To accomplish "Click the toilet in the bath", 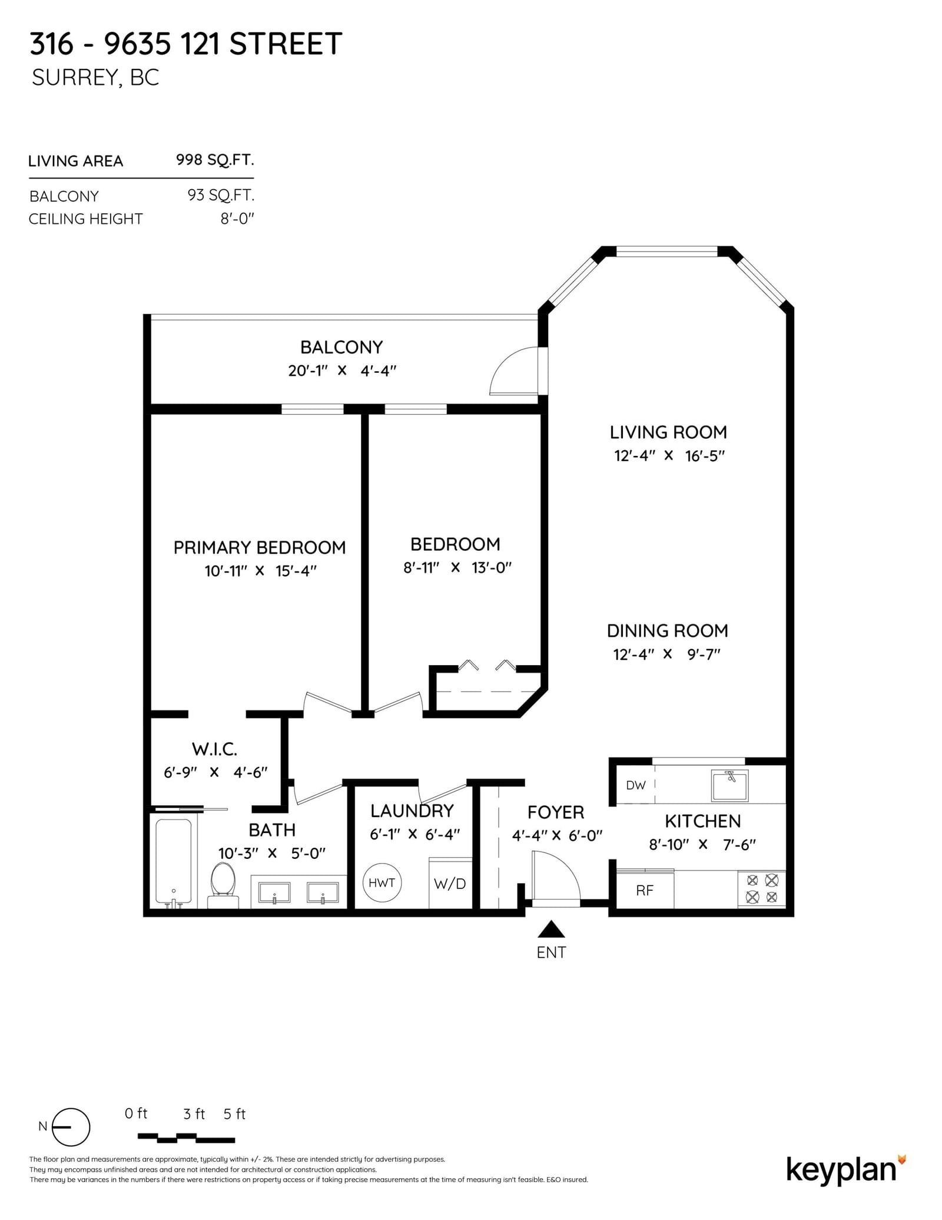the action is point(223,885).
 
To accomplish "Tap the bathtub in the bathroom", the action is point(173,861).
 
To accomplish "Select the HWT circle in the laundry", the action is point(382,882).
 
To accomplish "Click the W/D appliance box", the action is point(450,883).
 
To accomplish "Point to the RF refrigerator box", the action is point(645,890).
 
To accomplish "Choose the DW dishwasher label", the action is point(636,785).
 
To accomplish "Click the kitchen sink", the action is point(730,785).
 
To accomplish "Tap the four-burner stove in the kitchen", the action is point(762,889).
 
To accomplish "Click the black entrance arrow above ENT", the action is point(551,929).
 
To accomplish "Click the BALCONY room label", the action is point(341,347).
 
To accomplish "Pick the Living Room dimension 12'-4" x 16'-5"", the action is point(669,455).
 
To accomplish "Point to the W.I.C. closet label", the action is point(214,749).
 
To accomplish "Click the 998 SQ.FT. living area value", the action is point(215,160).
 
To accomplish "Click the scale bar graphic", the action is point(186,1137).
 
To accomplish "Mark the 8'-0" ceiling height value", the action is point(237,219).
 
